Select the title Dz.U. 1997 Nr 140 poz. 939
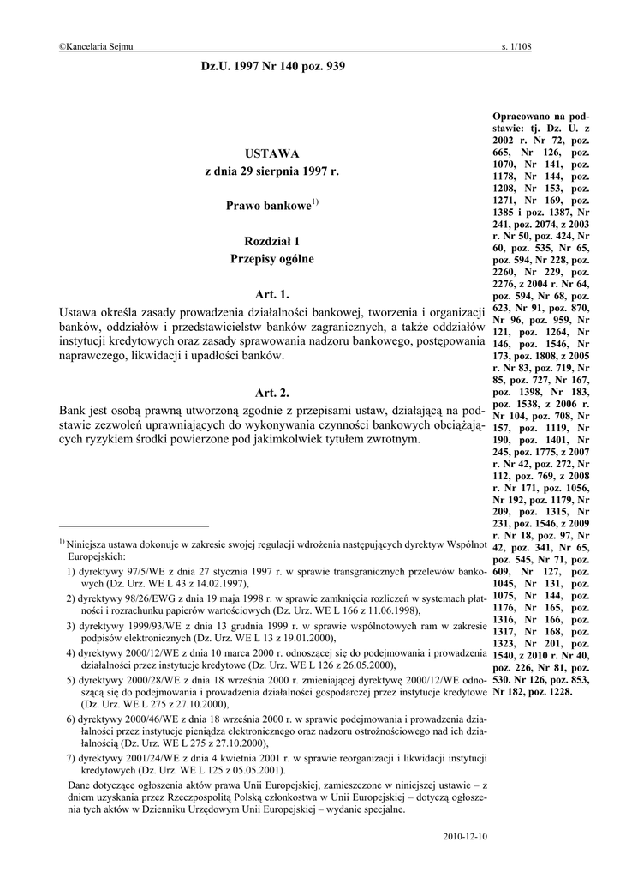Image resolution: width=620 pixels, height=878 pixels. (272, 66)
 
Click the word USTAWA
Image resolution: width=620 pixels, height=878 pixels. (271, 153)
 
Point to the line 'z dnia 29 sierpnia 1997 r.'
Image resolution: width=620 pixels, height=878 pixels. (271, 172)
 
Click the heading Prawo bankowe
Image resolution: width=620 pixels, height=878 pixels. (267, 207)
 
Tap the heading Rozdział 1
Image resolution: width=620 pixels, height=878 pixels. (271, 241)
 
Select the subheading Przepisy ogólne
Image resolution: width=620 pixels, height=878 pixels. (271, 258)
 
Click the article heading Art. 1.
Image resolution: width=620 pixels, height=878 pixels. (272, 295)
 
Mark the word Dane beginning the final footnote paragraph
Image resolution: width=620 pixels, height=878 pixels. (80, 784)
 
